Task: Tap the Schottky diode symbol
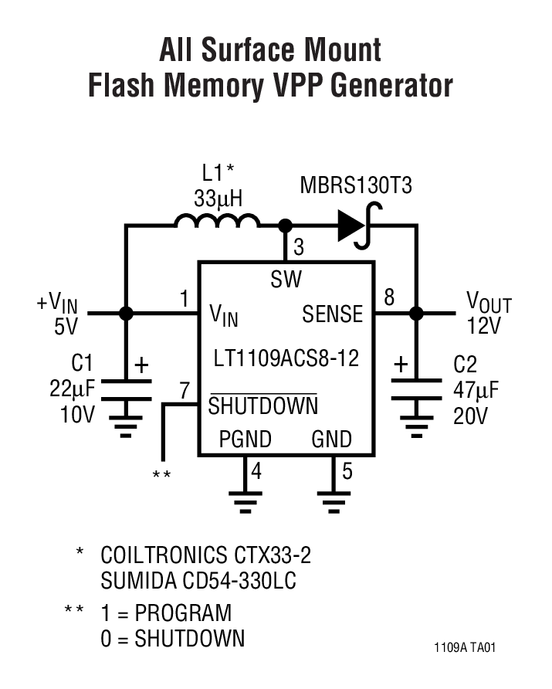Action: [x=352, y=226]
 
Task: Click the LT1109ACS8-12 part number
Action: [x=286, y=359]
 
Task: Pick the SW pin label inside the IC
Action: [x=286, y=279]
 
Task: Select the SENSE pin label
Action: [x=332, y=314]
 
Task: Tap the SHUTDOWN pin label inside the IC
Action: [x=262, y=406]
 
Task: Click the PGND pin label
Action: [x=246, y=440]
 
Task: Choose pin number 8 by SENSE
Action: [x=389, y=297]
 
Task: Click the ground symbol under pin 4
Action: [x=246, y=501]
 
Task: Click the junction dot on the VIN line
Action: [x=126, y=314]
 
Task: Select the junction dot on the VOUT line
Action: [x=417, y=314]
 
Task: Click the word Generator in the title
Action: [x=391, y=86]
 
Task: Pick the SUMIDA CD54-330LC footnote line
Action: [x=198, y=581]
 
